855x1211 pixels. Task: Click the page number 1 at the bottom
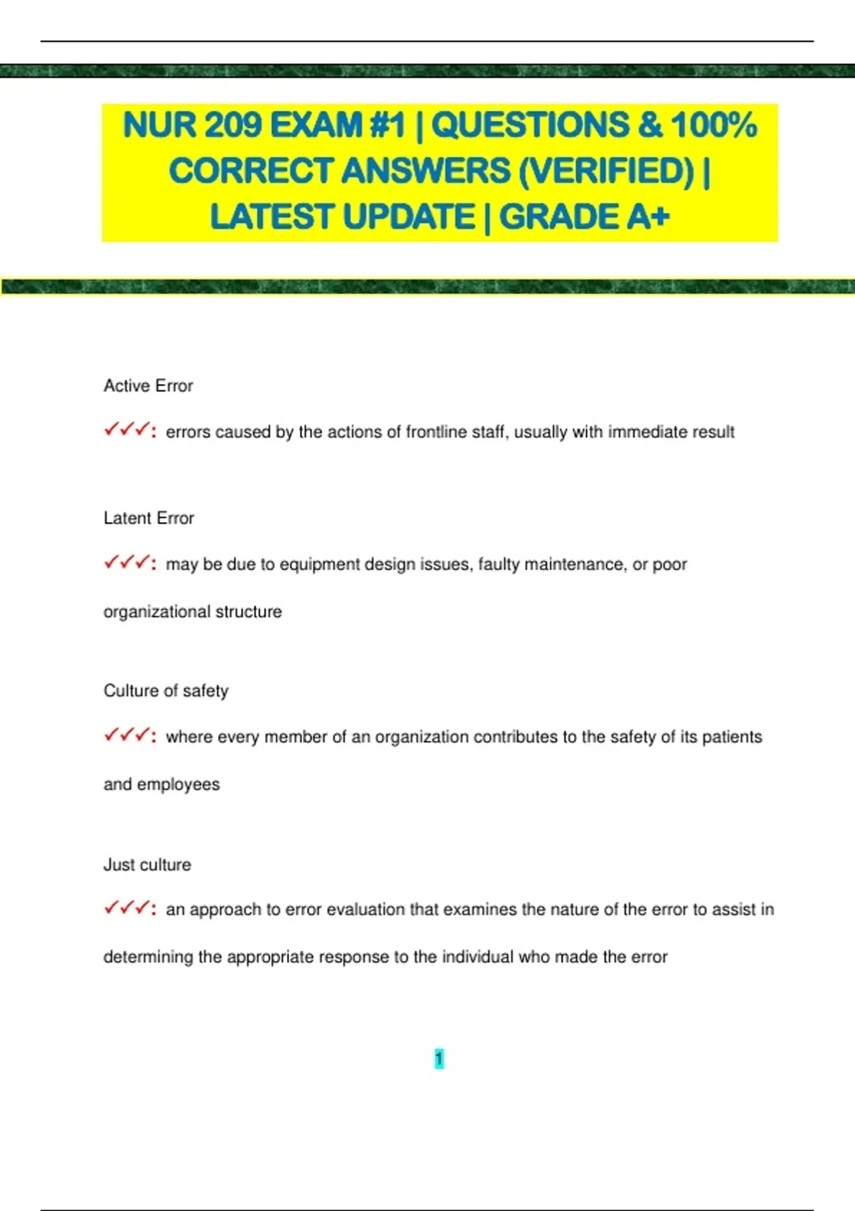pyautogui.click(x=439, y=1059)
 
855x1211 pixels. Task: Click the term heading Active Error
pyautogui.click(x=148, y=385)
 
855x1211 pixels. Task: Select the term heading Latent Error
pyautogui.click(x=148, y=518)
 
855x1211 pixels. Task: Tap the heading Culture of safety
pyautogui.click(x=166, y=690)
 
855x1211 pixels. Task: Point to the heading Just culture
pyautogui.click(x=147, y=864)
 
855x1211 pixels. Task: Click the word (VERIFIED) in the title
pyautogui.click(x=606, y=171)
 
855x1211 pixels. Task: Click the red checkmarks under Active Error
pyautogui.click(x=129, y=430)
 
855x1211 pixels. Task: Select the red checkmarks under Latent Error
pyautogui.click(x=129, y=563)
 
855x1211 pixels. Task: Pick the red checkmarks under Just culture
pyautogui.click(x=129, y=908)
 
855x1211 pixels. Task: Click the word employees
pyautogui.click(x=178, y=784)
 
